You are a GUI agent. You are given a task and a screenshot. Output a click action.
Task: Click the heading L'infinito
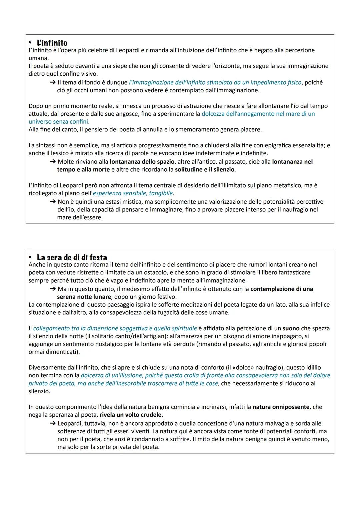[52, 43]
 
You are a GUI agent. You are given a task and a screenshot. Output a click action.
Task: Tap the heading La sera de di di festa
[72, 258]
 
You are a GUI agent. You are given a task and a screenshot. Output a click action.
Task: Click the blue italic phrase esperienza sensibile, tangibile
[133, 193]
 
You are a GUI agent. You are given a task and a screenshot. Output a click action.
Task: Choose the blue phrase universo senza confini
[58, 122]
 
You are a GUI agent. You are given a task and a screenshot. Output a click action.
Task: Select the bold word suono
[291, 328]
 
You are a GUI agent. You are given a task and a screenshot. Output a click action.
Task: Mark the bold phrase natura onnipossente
[281, 407]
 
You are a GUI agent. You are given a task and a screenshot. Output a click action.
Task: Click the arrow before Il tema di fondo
[53, 82]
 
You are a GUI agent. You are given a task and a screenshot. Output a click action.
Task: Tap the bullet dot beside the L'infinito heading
[30, 43]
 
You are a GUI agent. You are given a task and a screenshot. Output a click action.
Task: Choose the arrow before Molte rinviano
[53, 162]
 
